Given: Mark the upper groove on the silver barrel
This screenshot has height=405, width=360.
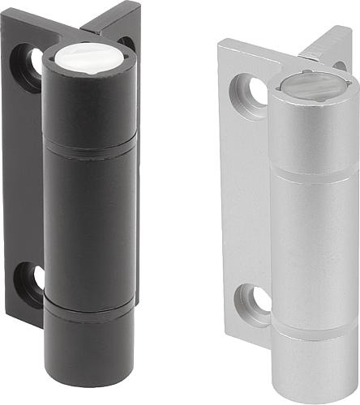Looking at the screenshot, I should [311, 173].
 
